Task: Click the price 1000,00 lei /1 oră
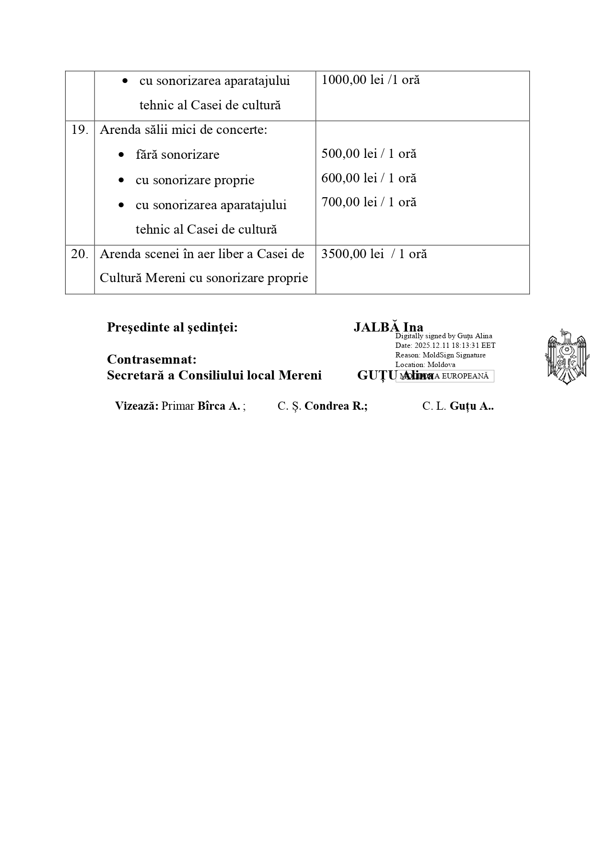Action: point(370,80)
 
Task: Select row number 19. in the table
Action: point(80,130)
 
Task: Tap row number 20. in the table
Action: point(80,254)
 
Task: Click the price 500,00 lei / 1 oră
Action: point(369,154)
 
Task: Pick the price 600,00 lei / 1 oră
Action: point(369,178)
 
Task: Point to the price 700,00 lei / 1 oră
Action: point(369,202)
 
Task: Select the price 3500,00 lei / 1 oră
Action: point(373,254)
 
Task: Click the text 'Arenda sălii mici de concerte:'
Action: point(183,130)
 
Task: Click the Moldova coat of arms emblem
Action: point(566,356)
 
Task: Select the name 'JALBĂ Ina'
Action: point(388,327)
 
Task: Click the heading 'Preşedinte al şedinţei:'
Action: point(172,327)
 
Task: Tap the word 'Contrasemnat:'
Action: point(152,359)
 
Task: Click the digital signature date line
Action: point(445,345)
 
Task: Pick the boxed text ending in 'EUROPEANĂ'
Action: point(444,376)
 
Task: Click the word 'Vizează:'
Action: point(137,406)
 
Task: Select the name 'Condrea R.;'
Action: point(336,406)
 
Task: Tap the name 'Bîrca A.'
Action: point(219,406)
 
